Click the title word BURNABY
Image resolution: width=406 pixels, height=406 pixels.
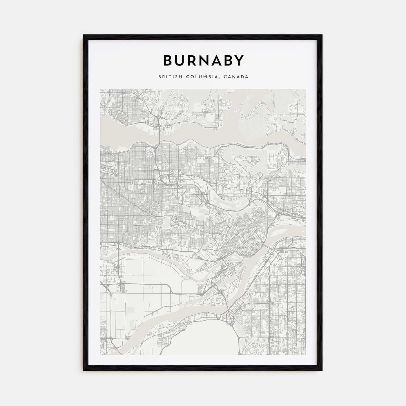click(203, 61)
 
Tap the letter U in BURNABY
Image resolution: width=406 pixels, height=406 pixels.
click(180, 61)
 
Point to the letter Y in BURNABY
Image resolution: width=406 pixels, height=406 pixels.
click(238, 61)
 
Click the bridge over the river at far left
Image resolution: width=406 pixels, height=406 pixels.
click(118, 249)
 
